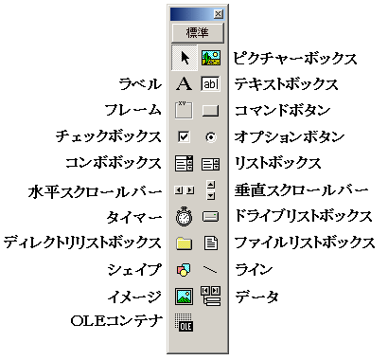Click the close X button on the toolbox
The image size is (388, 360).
[x=219, y=14]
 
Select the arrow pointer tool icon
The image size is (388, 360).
[x=185, y=58]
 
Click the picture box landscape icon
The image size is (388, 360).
[x=210, y=58]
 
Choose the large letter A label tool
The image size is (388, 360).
[x=185, y=84]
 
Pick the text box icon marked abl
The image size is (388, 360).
[x=210, y=84]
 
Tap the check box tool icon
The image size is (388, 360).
[x=185, y=136]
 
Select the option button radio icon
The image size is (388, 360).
[x=210, y=136]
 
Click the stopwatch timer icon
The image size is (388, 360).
[x=185, y=216]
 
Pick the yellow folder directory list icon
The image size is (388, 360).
[x=185, y=243]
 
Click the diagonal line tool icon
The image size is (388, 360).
[x=210, y=270]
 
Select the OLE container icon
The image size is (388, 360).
[x=185, y=324]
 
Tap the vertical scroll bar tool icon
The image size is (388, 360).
[x=210, y=189]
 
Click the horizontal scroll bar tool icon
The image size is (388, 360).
[x=185, y=190]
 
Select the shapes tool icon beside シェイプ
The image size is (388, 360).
[x=185, y=270]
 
